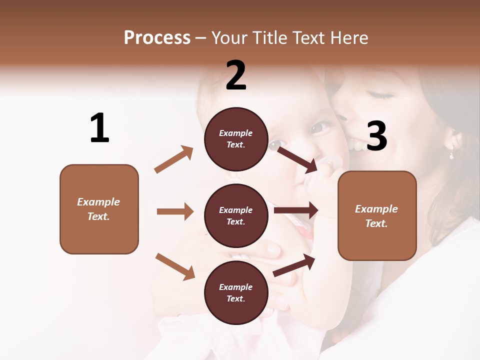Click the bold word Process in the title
157,37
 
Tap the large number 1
99,128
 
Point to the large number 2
236,75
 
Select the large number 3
377,136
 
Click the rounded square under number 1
99,209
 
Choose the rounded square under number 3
377,215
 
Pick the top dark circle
236,139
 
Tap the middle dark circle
236,215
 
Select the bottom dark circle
236,292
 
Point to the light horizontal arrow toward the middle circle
175,211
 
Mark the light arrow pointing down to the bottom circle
175,266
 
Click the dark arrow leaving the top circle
297,159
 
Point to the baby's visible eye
319,127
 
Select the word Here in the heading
348,37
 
